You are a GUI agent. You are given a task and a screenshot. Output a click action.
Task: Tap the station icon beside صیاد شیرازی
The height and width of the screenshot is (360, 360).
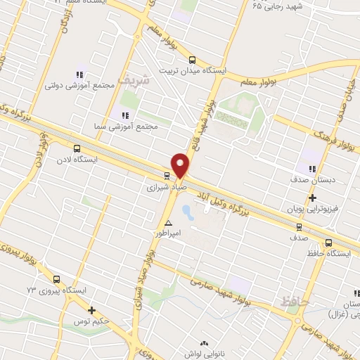pyautogui.click(x=167, y=176)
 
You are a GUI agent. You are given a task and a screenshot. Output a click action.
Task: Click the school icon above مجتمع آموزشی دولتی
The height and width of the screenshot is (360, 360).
pyautogui.click(x=79, y=74)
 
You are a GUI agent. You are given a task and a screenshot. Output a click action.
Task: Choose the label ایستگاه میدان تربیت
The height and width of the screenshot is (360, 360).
pyautogui.click(x=193, y=71)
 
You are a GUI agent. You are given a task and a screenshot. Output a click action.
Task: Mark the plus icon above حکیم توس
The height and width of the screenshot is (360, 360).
pyautogui.click(x=91, y=310)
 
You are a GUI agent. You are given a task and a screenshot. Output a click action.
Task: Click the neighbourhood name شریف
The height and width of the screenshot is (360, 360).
pyautogui.click(x=133, y=81)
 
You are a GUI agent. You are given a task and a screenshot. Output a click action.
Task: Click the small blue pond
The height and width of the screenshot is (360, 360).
pyautogui.click(x=187, y=210)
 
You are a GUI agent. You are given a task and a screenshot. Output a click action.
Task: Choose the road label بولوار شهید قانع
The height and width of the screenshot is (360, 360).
pyautogui.click(x=207, y=116)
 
